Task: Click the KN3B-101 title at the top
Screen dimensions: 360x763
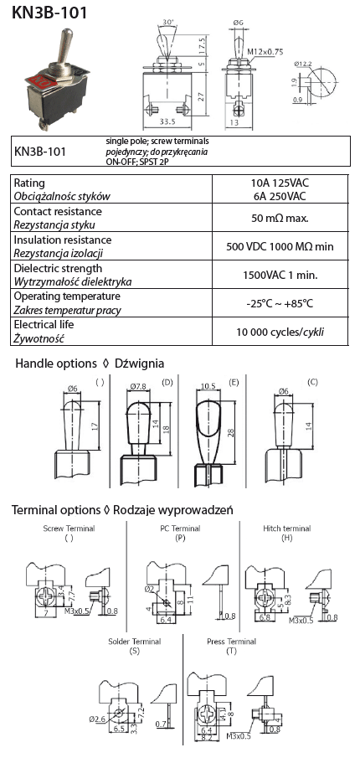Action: coord(49,13)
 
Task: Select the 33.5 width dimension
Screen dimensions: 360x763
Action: coord(167,122)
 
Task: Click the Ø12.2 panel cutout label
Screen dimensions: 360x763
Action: coord(303,64)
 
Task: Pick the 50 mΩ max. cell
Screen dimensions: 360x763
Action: coord(280,218)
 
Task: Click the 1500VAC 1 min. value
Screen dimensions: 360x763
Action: coord(280,275)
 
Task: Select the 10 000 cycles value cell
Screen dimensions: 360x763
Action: coord(280,333)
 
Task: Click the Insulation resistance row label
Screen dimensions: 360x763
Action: coord(62,240)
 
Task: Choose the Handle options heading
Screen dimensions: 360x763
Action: coord(56,363)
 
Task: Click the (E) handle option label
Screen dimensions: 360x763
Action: coord(234,383)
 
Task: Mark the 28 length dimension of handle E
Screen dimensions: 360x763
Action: coord(230,433)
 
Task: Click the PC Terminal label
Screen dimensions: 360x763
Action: coord(180,528)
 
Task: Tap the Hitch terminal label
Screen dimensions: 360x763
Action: coord(286,528)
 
